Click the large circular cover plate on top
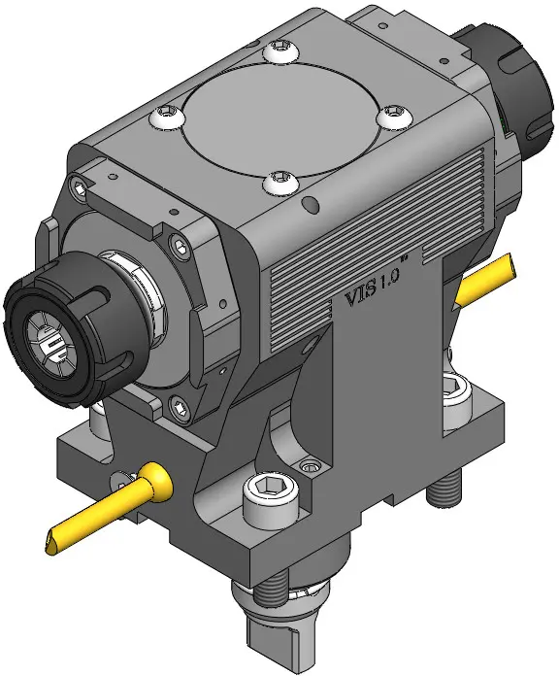(283, 120)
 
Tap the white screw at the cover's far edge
(280, 50)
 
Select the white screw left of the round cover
(167, 117)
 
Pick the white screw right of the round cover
(394, 116)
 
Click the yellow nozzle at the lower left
(110, 507)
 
